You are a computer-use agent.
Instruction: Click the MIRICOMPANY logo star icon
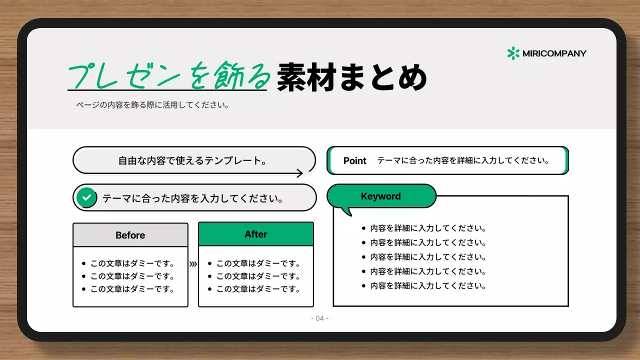(x=513, y=53)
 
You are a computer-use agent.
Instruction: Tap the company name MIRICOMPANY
(x=554, y=53)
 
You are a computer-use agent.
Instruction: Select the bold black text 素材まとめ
(x=351, y=77)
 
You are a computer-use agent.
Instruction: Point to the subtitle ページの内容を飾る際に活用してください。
(x=152, y=105)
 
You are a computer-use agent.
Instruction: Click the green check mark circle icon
(x=87, y=198)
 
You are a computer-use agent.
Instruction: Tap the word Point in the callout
(x=355, y=161)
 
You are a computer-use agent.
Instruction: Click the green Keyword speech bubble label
(x=381, y=196)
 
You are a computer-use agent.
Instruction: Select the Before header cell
(x=130, y=235)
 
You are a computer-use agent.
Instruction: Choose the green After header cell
(x=256, y=234)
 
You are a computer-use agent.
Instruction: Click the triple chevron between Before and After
(x=193, y=264)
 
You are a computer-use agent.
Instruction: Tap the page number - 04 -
(x=320, y=318)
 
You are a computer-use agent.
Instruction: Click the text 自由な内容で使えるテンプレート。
(x=192, y=161)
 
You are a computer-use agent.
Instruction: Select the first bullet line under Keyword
(x=428, y=228)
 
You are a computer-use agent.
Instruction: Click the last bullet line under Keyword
(x=428, y=286)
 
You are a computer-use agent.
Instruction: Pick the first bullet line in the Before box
(x=132, y=263)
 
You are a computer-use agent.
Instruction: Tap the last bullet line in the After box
(x=258, y=289)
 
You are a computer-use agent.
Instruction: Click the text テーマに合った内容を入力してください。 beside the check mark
(x=193, y=198)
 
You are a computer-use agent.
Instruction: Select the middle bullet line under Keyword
(x=428, y=257)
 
